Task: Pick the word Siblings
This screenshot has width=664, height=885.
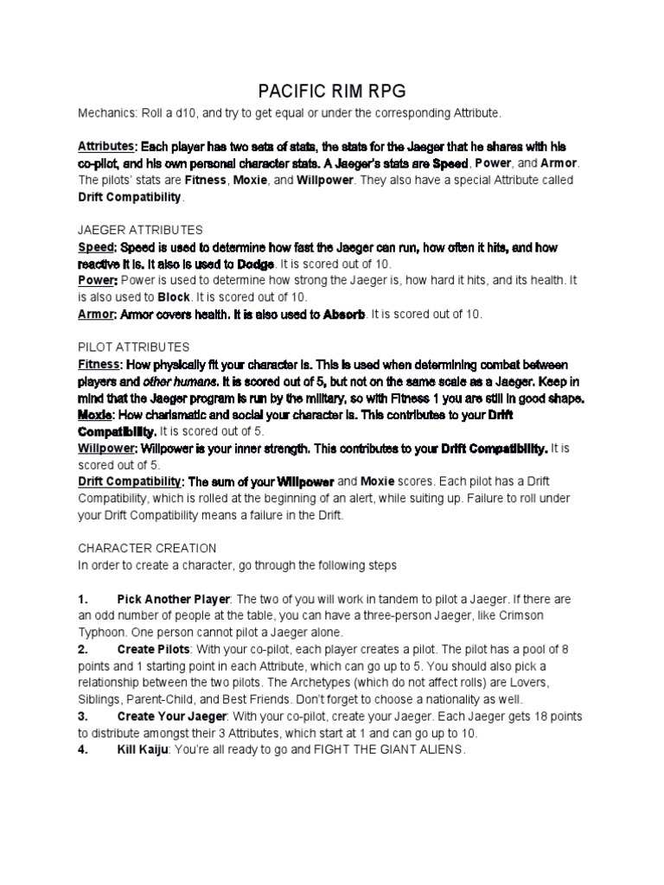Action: [101, 700]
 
